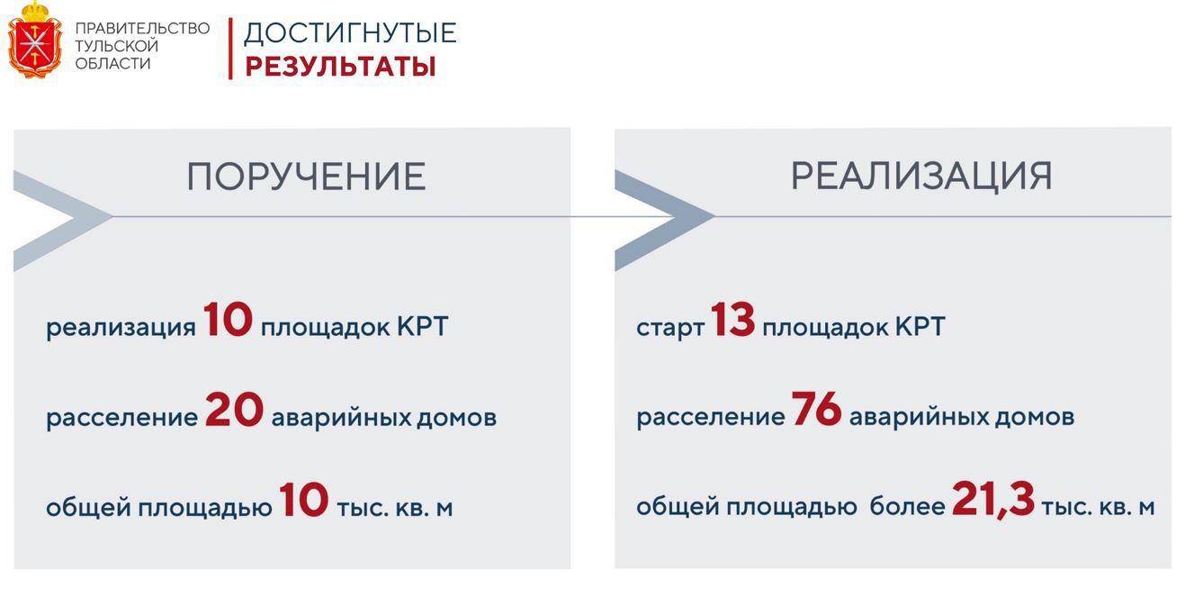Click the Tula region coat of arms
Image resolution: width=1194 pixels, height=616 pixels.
pyautogui.click(x=35, y=40)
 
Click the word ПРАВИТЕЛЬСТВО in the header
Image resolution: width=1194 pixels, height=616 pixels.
pyautogui.click(x=142, y=28)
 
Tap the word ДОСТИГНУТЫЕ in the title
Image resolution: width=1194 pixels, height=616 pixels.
pyautogui.click(x=350, y=33)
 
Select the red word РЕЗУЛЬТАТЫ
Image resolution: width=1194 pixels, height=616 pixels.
pyautogui.click(x=340, y=67)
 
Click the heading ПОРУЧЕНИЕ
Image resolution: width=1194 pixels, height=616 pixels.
pyautogui.click(x=306, y=177)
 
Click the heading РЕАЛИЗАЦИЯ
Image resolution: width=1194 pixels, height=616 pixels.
pyautogui.click(x=921, y=176)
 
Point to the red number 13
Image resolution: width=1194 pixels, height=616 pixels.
pyautogui.click(x=732, y=320)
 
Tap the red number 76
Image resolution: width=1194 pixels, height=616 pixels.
pyautogui.click(x=816, y=410)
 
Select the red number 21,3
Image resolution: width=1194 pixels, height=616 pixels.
pyautogui.click(x=992, y=500)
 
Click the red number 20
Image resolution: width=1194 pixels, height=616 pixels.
pyautogui.click(x=234, y=411)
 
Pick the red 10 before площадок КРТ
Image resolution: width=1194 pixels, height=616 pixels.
pyautogui.click(x=228, y=320)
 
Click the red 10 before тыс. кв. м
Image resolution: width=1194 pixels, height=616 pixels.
pyautogui.click(x=303, y=501)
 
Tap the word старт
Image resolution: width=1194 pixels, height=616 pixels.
pyautogui.click(x=670, y=327)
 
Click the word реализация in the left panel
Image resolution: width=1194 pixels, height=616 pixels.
pyautogui.click(x=121, y=327)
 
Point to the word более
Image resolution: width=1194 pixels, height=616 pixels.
pyautogui.click(x=907, y=507)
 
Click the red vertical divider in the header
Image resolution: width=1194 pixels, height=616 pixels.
pyautogui.click(x=230, y=49)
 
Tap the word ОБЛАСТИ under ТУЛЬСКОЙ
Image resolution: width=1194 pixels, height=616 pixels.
pyautogui.click(x=112, y=64)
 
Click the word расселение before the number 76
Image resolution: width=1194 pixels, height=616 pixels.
pyautogui.click(x=710, y=417)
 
